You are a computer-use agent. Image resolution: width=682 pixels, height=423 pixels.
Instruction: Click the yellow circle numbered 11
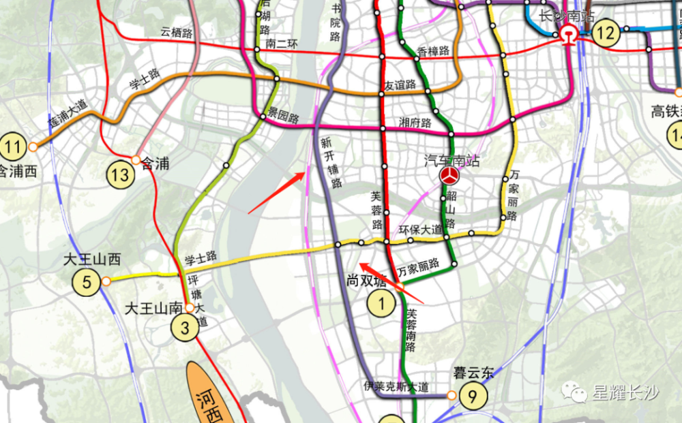13,146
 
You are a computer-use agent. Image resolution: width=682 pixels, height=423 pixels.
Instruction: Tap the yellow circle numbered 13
120,175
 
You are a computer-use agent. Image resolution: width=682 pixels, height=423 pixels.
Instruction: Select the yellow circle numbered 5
87,282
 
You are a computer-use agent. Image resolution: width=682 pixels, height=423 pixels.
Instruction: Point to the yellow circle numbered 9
472,395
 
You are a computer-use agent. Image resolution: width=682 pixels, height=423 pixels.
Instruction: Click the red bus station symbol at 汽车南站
449,176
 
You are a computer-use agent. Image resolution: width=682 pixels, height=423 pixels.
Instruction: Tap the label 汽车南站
449,161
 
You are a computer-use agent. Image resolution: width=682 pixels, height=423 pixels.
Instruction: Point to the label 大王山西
92,260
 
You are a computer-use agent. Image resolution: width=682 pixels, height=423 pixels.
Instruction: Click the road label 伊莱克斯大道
396,387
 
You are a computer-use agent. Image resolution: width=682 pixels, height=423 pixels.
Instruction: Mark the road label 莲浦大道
68,110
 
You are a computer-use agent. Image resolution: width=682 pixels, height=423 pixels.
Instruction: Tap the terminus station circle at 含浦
136,160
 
